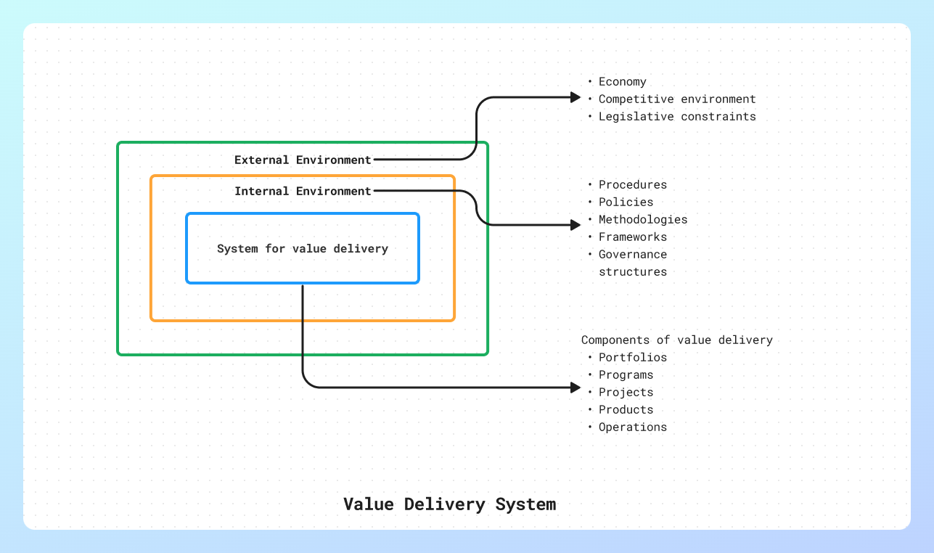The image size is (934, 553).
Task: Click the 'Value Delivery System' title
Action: click(449, 504)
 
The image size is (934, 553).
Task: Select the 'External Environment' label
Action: click(303, 160)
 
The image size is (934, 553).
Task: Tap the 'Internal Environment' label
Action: click(303, 191)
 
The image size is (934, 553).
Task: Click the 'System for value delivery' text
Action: click(303, 248)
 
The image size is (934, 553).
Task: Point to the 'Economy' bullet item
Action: click(622, 82)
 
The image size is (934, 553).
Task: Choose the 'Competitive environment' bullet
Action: click(676, 99)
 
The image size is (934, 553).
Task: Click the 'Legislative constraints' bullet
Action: click(676, 116)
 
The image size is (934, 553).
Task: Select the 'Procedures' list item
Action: click(632, 184)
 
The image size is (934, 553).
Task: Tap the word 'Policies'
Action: click(626, 202)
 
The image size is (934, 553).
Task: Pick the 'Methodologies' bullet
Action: click(642, 219)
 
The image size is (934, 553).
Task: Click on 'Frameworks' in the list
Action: click(632, 237)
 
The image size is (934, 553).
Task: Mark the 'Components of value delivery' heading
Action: click(676, 340)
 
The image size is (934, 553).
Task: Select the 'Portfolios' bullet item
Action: click(632, 357)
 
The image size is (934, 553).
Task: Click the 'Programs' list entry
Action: click(626, 374)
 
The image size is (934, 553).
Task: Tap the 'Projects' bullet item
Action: click(626, 392)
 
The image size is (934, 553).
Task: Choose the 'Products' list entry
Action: click(626, 409)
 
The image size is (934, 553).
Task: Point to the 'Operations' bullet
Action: click(632, 427)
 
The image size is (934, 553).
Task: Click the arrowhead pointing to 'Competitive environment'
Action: click(575, 97)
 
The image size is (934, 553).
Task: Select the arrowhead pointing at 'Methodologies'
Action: click(575, 225)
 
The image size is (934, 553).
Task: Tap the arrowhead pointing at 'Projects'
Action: click(575, 388)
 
